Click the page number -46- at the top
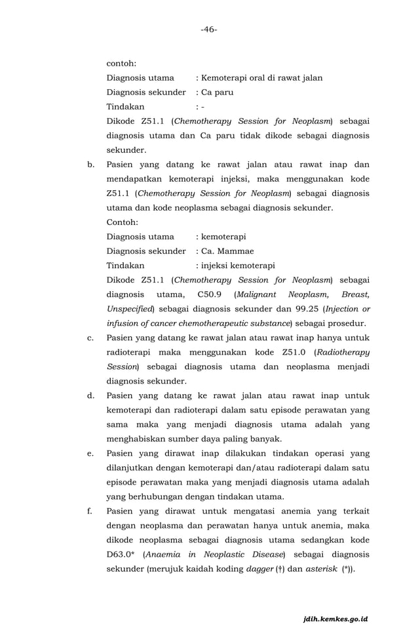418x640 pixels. click(x=209, y=30)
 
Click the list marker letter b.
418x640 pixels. click(x=91, y=165)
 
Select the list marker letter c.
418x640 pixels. click(x=91, y=338)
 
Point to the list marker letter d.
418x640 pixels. click(x=91, y=395)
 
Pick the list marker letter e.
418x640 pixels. click(x=91, y=453)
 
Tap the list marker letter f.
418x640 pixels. click(x=90, y=511)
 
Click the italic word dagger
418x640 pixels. click(x=259, y=569)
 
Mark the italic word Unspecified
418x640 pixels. click(x=130, y=309)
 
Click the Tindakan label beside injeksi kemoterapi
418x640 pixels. click(x=126, y=266)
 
